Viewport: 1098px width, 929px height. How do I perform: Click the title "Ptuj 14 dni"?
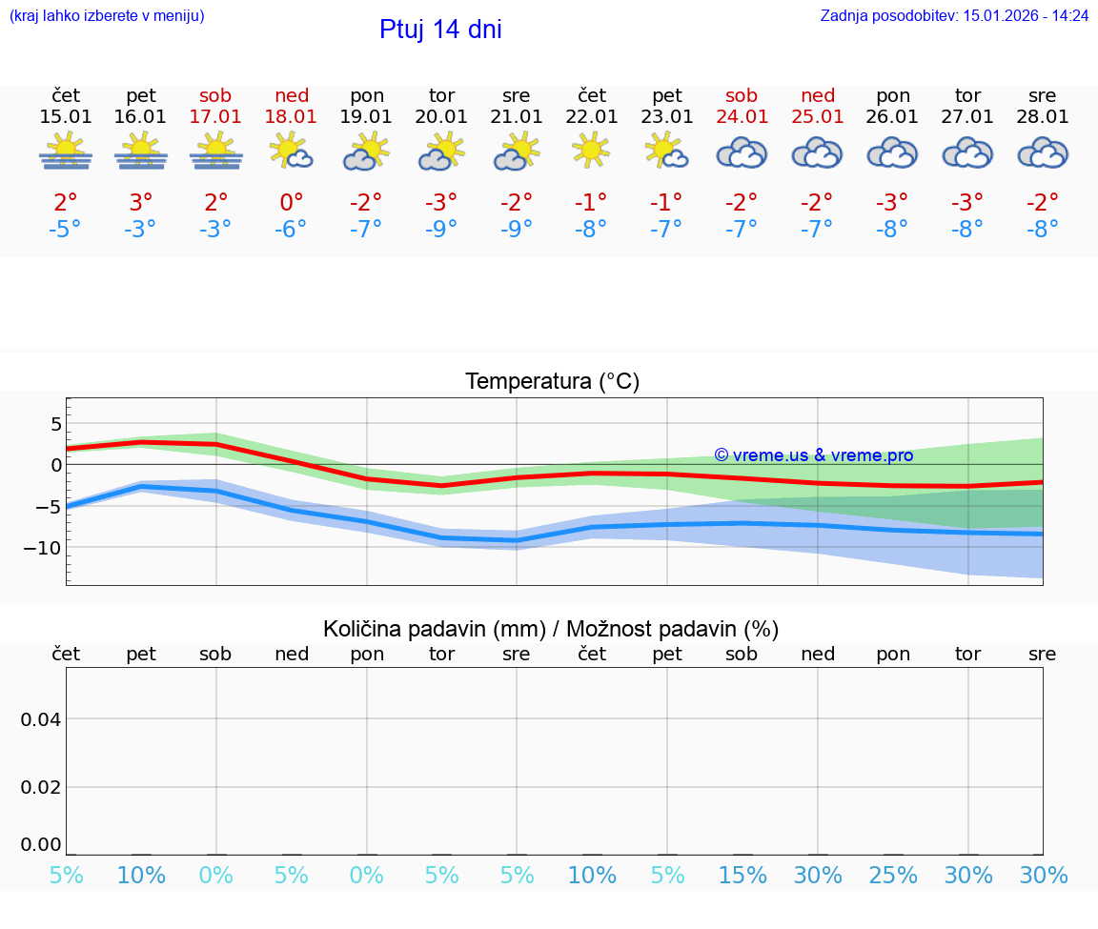click(x=440, y=30)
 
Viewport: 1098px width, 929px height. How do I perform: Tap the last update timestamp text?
click(x=954, y=15)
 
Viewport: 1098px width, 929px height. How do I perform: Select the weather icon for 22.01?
click(x=591, y=151)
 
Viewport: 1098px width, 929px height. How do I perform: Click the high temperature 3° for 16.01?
click(x=140, y=202)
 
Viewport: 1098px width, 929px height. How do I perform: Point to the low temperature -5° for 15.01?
click(x=65, y=229)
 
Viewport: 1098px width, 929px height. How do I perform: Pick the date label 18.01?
click(x=292, y=117)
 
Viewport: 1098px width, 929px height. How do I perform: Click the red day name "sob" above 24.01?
click(x=742, y=95)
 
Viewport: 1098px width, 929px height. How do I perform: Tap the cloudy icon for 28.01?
click(x=1043, y=152)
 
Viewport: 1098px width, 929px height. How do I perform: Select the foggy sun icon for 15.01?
click(x=66, y=151)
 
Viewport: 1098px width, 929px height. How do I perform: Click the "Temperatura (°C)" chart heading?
click(x=552, y=382)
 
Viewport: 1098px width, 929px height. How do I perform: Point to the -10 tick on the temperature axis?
click(x=44, y=548)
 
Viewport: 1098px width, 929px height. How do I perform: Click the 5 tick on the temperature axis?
click(x=56, y=423)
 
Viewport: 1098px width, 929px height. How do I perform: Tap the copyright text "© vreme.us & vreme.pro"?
click(x=813, y=455)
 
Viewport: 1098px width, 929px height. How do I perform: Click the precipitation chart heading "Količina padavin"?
click(x=434, y=629)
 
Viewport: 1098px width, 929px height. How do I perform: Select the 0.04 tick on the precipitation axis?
click(x=42, y=719)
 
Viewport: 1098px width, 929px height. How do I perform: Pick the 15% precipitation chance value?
click(x=742, y=876)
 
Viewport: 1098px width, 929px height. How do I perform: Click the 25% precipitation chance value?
click(x=893, y=876)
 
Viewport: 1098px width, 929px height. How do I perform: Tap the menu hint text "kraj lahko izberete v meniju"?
click(x=107, y=15)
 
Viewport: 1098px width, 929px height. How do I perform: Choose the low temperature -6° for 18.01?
click(x=292, y=229)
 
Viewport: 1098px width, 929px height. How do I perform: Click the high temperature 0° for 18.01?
click(x=292, y=202)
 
